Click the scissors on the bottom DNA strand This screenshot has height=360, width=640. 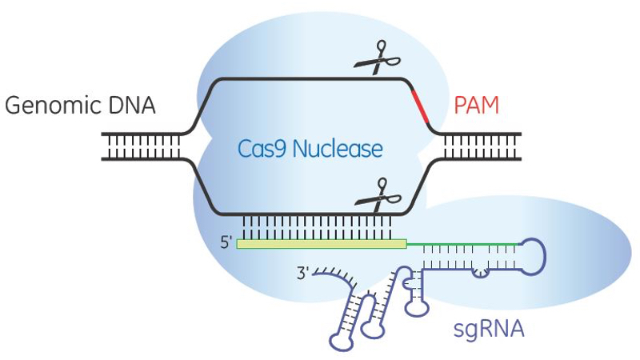[372, 194]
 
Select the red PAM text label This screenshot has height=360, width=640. [477, 106]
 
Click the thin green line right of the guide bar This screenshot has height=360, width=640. [464, 242]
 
